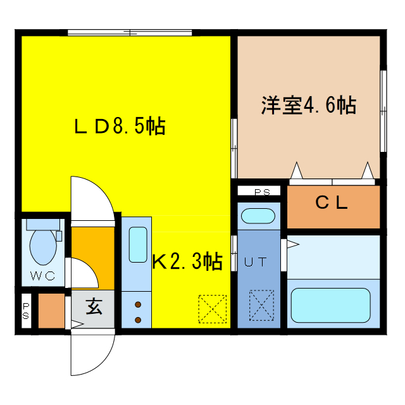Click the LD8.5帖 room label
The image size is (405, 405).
tap(120, 126)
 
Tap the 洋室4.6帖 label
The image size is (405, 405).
tap(309, 105)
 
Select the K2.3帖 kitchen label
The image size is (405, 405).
tap(187, 261)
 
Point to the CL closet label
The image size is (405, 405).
tap(332, 202)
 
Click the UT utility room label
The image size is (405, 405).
tap(255, 262)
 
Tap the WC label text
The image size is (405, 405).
tap(42, 276)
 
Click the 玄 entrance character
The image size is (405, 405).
tap(94, 306)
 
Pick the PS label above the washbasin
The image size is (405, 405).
tap(262, 192)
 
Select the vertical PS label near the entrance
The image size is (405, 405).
tap(26, 311)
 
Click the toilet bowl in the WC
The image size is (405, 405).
tap(43, 247)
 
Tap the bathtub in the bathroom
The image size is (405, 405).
tap(330, 305)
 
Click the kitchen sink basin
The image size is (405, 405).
tap(138, 245)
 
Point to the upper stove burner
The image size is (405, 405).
tap(138, 304)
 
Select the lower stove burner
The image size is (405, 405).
tap(138, 320)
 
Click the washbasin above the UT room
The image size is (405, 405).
tap(258, 216)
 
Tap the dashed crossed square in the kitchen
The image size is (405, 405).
tap(213, 309)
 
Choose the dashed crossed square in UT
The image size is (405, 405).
tap(261, 305)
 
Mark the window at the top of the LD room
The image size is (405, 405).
tap(130, 33)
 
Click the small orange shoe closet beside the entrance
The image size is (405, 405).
tap(51, 311)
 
